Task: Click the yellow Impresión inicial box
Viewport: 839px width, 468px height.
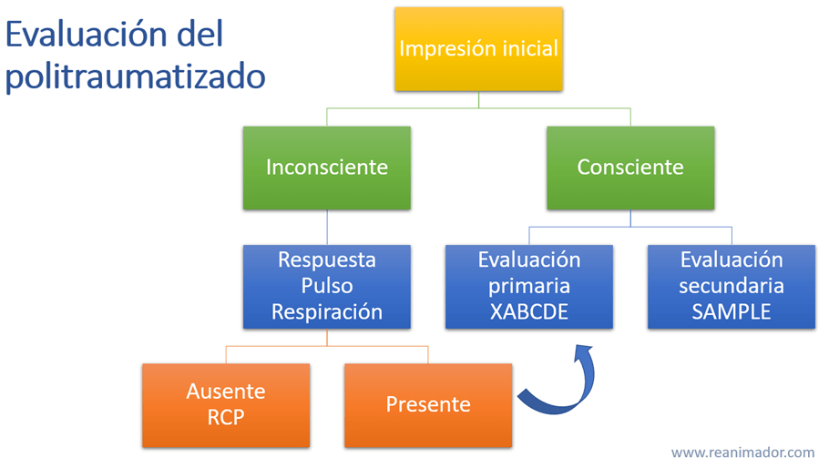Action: click(x=478, y=48)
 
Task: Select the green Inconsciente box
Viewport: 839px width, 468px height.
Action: click(x=326, y=168)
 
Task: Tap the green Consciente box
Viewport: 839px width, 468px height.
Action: click(x=629, y=168)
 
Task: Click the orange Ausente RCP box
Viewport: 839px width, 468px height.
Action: click(x=225, y=405)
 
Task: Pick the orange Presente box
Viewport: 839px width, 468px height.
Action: click(x=428, y=405)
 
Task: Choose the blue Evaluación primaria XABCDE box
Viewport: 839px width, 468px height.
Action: click(x=528, y=286)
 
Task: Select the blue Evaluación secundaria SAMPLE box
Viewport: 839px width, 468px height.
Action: click(x=731, y=286)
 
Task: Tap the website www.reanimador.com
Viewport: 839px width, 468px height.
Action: click(x=742, y=453)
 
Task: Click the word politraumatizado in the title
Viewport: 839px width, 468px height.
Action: click(x=135, y=76)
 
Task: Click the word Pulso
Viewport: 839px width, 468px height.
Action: click(x=326, y=286)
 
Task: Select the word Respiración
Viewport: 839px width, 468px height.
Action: click(x=326, y=311)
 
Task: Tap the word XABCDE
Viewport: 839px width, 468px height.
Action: click(x=528, y=311)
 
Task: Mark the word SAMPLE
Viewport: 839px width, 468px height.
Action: click(x=731, y=311)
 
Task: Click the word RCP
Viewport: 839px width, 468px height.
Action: click(x=225, y=418)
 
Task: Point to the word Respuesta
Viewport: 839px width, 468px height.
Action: click(x=326, y=260)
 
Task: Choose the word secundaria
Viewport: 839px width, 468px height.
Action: click(x=731, y=286)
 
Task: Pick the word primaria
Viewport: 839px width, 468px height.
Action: click(x=528, y=286)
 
